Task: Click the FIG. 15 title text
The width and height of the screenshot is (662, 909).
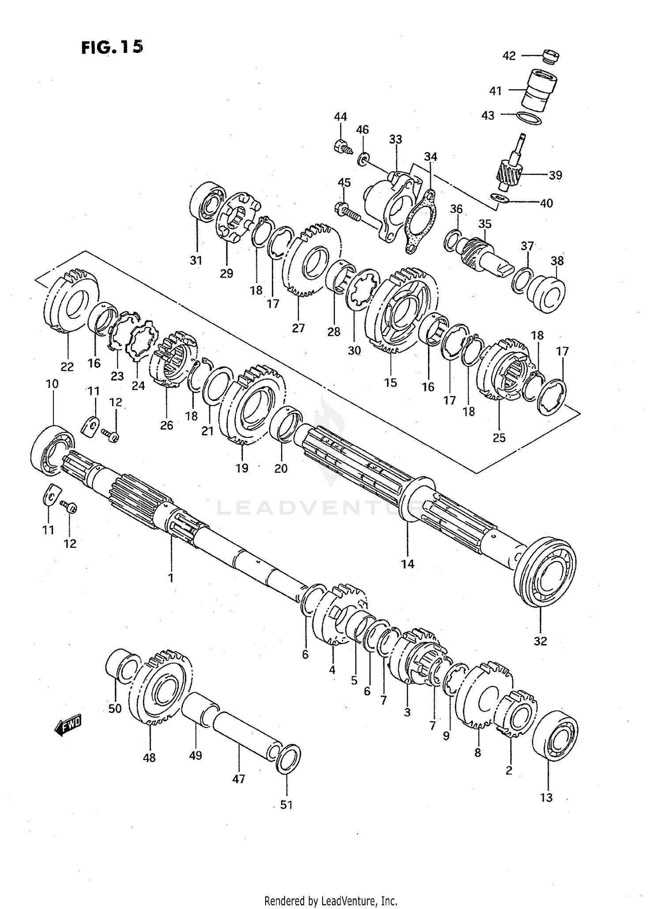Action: (112, 47)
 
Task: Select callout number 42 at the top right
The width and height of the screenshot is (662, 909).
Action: (509, 56)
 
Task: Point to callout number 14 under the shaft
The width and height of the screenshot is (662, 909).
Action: (407, 564)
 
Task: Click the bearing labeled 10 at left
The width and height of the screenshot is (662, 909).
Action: (52, 450)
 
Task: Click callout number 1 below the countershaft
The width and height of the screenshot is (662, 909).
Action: (171, 577)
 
